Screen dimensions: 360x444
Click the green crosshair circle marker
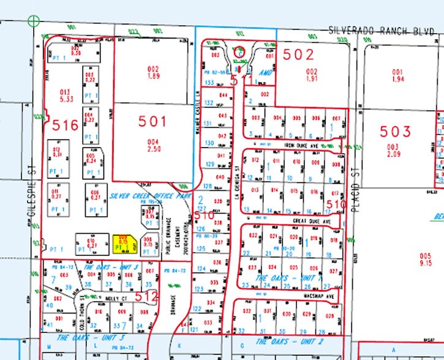click(34, 21)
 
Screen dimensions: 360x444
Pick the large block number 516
click(66, 126)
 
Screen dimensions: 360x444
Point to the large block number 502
click(298, 54)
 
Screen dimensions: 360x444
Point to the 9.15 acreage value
click(426, 264)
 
